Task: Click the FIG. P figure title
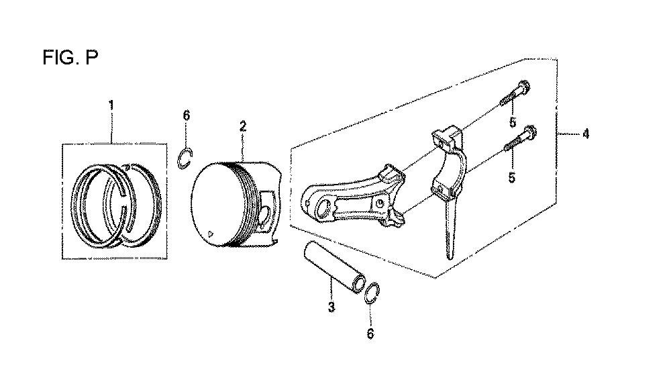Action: [x=70, y=57]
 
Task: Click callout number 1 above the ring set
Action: [x=111, y=105]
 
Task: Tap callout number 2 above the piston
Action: [x=243, y=126]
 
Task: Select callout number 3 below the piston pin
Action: [x=331, y=307]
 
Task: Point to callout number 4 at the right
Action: [x=585, y=134]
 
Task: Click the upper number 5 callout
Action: [x=513, y=122]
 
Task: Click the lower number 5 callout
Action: [x=512, y=177]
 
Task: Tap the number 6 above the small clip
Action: [x=186, y=115]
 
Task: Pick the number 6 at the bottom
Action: [x=370, y=334]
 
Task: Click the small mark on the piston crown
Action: [x=209, y=234]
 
